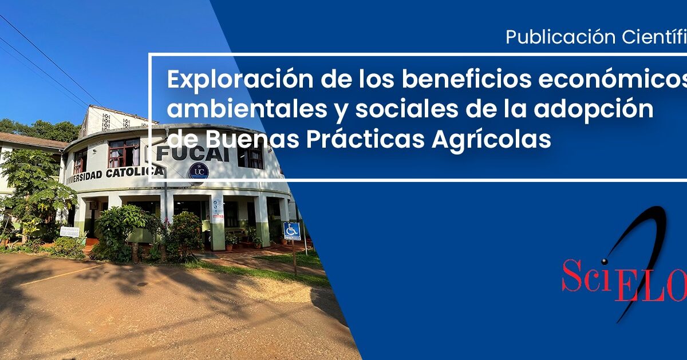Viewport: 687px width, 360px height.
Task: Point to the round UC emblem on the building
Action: pyautogui.click(x=199, y=171)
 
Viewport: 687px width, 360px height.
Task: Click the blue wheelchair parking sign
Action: pyautogui.click(x=292, y=231)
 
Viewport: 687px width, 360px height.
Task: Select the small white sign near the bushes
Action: pyautogui.click(x=70, y=232)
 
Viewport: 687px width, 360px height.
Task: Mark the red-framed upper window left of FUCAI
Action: pyautogui.click(x=124, y=152)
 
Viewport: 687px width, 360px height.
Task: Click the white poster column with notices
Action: pyautogui.click(x=218, y=220)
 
